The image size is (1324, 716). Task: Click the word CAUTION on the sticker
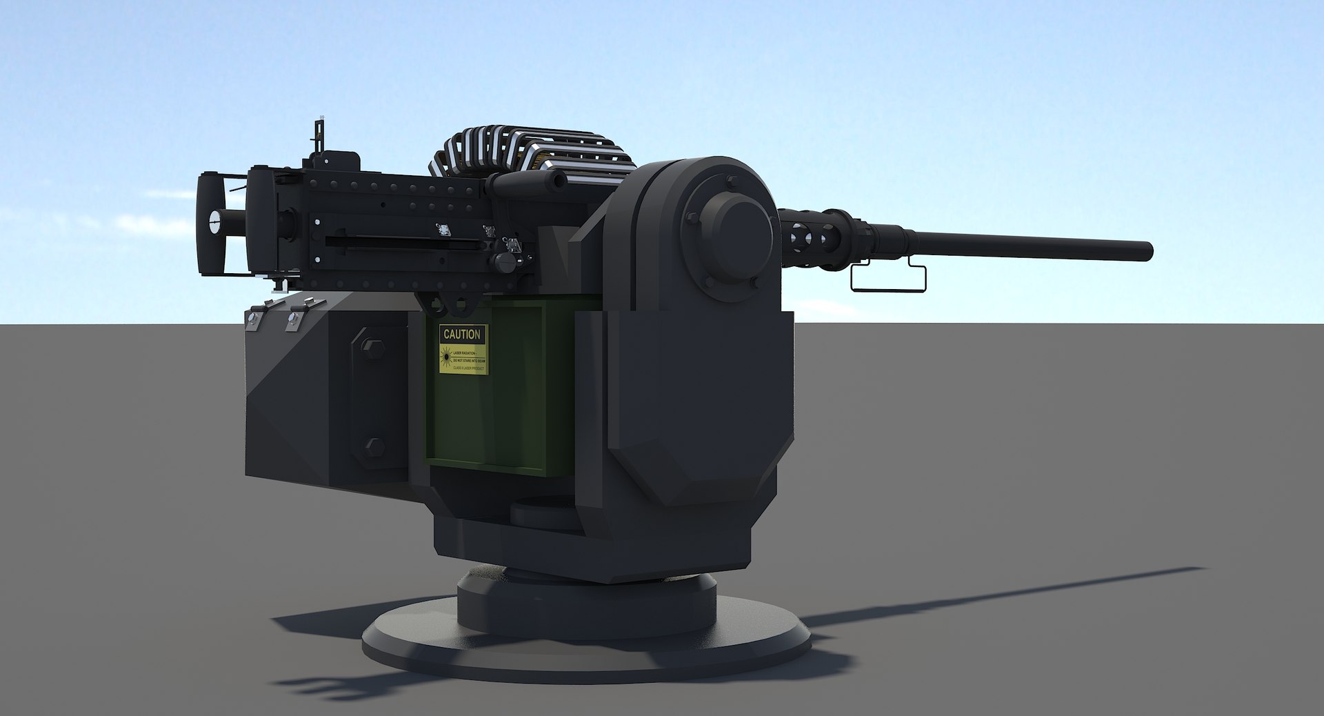tap(462, 335)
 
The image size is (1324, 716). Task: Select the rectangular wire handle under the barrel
tap(887, 277)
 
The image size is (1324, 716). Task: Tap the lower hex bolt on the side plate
tap(374, 447)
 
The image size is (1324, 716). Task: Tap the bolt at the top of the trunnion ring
tap(731, 182)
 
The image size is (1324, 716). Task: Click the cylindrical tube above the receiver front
tap(528, 182)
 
